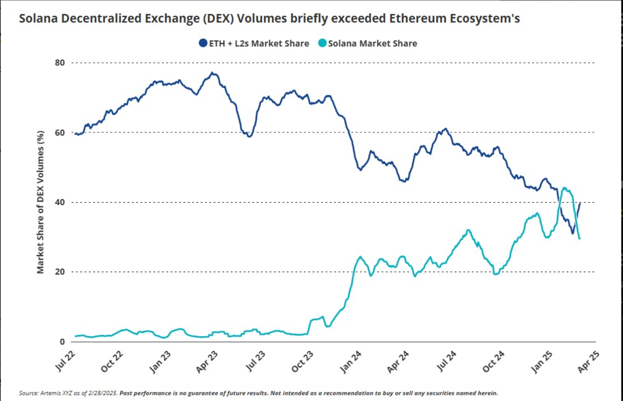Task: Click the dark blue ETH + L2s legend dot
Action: click(x=203, y=43)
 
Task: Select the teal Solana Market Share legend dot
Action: click(x=322, y=43)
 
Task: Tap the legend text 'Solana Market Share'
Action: click(x=372, y=44)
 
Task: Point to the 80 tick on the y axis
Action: click(x=60, y=63)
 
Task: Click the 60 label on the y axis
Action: click(x=60, y=132)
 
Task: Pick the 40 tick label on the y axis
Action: click(x=60, y=202)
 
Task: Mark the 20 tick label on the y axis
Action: click(x=60, y=272)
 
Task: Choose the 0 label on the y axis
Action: click(x=62, y=342)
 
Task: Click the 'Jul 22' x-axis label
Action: click(x=65, y=361)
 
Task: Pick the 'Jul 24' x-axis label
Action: click(x=446, y=361)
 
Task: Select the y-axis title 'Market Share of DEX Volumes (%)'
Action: click(x=40, y=202)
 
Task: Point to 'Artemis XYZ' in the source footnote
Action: click(x=56, y=393)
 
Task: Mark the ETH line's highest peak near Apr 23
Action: click(x=212, y=73)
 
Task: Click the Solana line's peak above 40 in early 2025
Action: click(x=564, y=188)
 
